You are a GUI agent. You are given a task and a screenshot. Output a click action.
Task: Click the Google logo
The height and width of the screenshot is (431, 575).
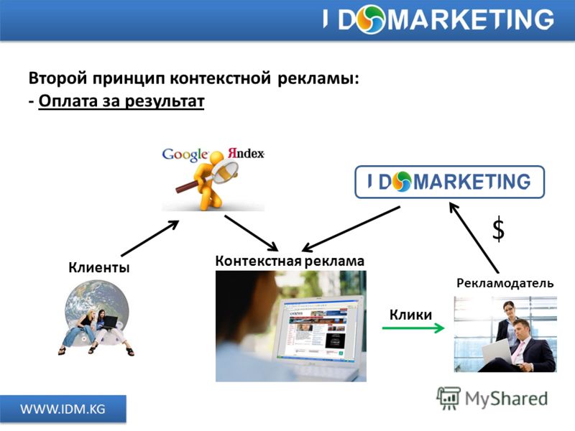(185, 154)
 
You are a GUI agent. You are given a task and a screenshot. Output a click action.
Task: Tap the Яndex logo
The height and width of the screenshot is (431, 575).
(246, 153)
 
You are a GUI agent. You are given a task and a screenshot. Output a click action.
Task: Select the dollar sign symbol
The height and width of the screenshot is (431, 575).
(498, 229)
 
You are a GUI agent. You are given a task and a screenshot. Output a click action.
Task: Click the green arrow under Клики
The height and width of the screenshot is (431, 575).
(413, 328)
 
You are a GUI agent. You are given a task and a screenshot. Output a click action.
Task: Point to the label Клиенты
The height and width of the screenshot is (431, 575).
(99, 267)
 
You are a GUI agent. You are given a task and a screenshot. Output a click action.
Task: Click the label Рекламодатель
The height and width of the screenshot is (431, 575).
(505, 283)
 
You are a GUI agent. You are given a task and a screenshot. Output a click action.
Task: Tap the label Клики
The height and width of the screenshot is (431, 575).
(410, 315)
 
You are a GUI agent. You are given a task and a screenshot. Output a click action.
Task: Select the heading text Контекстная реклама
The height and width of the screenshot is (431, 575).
(290, 261)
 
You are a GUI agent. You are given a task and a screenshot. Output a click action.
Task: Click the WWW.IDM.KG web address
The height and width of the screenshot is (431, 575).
(63, 409)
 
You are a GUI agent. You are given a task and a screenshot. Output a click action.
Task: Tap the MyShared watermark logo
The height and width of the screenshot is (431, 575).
(492, 399)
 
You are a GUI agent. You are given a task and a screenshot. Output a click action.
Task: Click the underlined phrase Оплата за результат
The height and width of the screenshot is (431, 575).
(121, 101)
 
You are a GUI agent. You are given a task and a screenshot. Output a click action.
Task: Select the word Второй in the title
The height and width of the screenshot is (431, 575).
(58, 78)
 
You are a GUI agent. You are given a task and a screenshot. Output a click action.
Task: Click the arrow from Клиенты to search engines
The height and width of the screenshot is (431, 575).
(150, 238)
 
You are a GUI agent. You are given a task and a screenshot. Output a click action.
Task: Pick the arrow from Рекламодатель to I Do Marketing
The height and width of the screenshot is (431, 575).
(474, 238)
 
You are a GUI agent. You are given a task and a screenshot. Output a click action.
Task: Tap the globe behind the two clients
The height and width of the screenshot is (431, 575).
(97, 308)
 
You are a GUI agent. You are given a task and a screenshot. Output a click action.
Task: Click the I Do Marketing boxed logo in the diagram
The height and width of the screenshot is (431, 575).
(450, 182)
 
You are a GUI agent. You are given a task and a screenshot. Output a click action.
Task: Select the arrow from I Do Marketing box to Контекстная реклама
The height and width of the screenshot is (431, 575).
(351, 229)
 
